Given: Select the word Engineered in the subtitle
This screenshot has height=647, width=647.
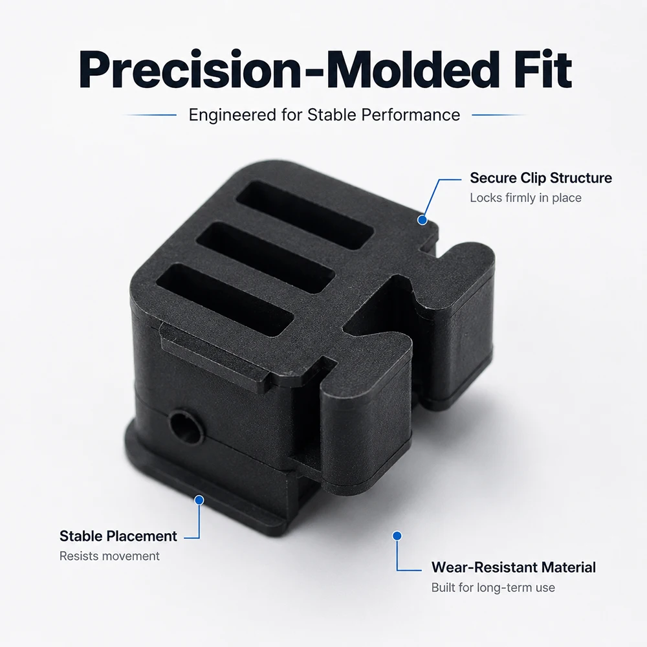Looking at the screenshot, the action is [233, 115].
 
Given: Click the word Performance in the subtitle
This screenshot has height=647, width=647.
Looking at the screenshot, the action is [411, 115].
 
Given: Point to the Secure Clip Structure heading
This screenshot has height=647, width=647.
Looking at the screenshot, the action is [541, 178].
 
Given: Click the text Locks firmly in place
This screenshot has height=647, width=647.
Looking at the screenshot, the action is [525, 198].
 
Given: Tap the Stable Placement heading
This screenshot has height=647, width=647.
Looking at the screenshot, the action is [118, 536].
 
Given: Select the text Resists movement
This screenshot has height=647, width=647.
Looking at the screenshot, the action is [109, 556].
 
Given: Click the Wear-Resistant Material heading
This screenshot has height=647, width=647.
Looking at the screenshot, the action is [514, 567].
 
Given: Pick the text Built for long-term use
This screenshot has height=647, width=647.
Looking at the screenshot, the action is [493, 587].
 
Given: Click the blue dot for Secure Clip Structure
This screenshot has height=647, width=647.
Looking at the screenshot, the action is [422, 220].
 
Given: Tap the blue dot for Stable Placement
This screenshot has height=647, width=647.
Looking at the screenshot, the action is [199, 500].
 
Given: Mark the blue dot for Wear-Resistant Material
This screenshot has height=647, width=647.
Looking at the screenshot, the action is [397, 536].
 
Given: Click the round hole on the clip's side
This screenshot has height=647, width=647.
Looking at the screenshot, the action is [186, 426].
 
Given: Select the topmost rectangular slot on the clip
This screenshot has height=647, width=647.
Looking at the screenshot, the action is [305, 215].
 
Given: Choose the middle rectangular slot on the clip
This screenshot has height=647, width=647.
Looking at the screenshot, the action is [265, 258].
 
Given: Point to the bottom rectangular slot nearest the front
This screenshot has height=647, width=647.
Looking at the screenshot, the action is [225, 300].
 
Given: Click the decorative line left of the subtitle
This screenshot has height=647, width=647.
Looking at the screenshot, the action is [150, 115].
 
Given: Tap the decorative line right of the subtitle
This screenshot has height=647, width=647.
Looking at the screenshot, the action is [499, 115].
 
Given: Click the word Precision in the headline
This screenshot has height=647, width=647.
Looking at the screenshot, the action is [190, 69].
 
